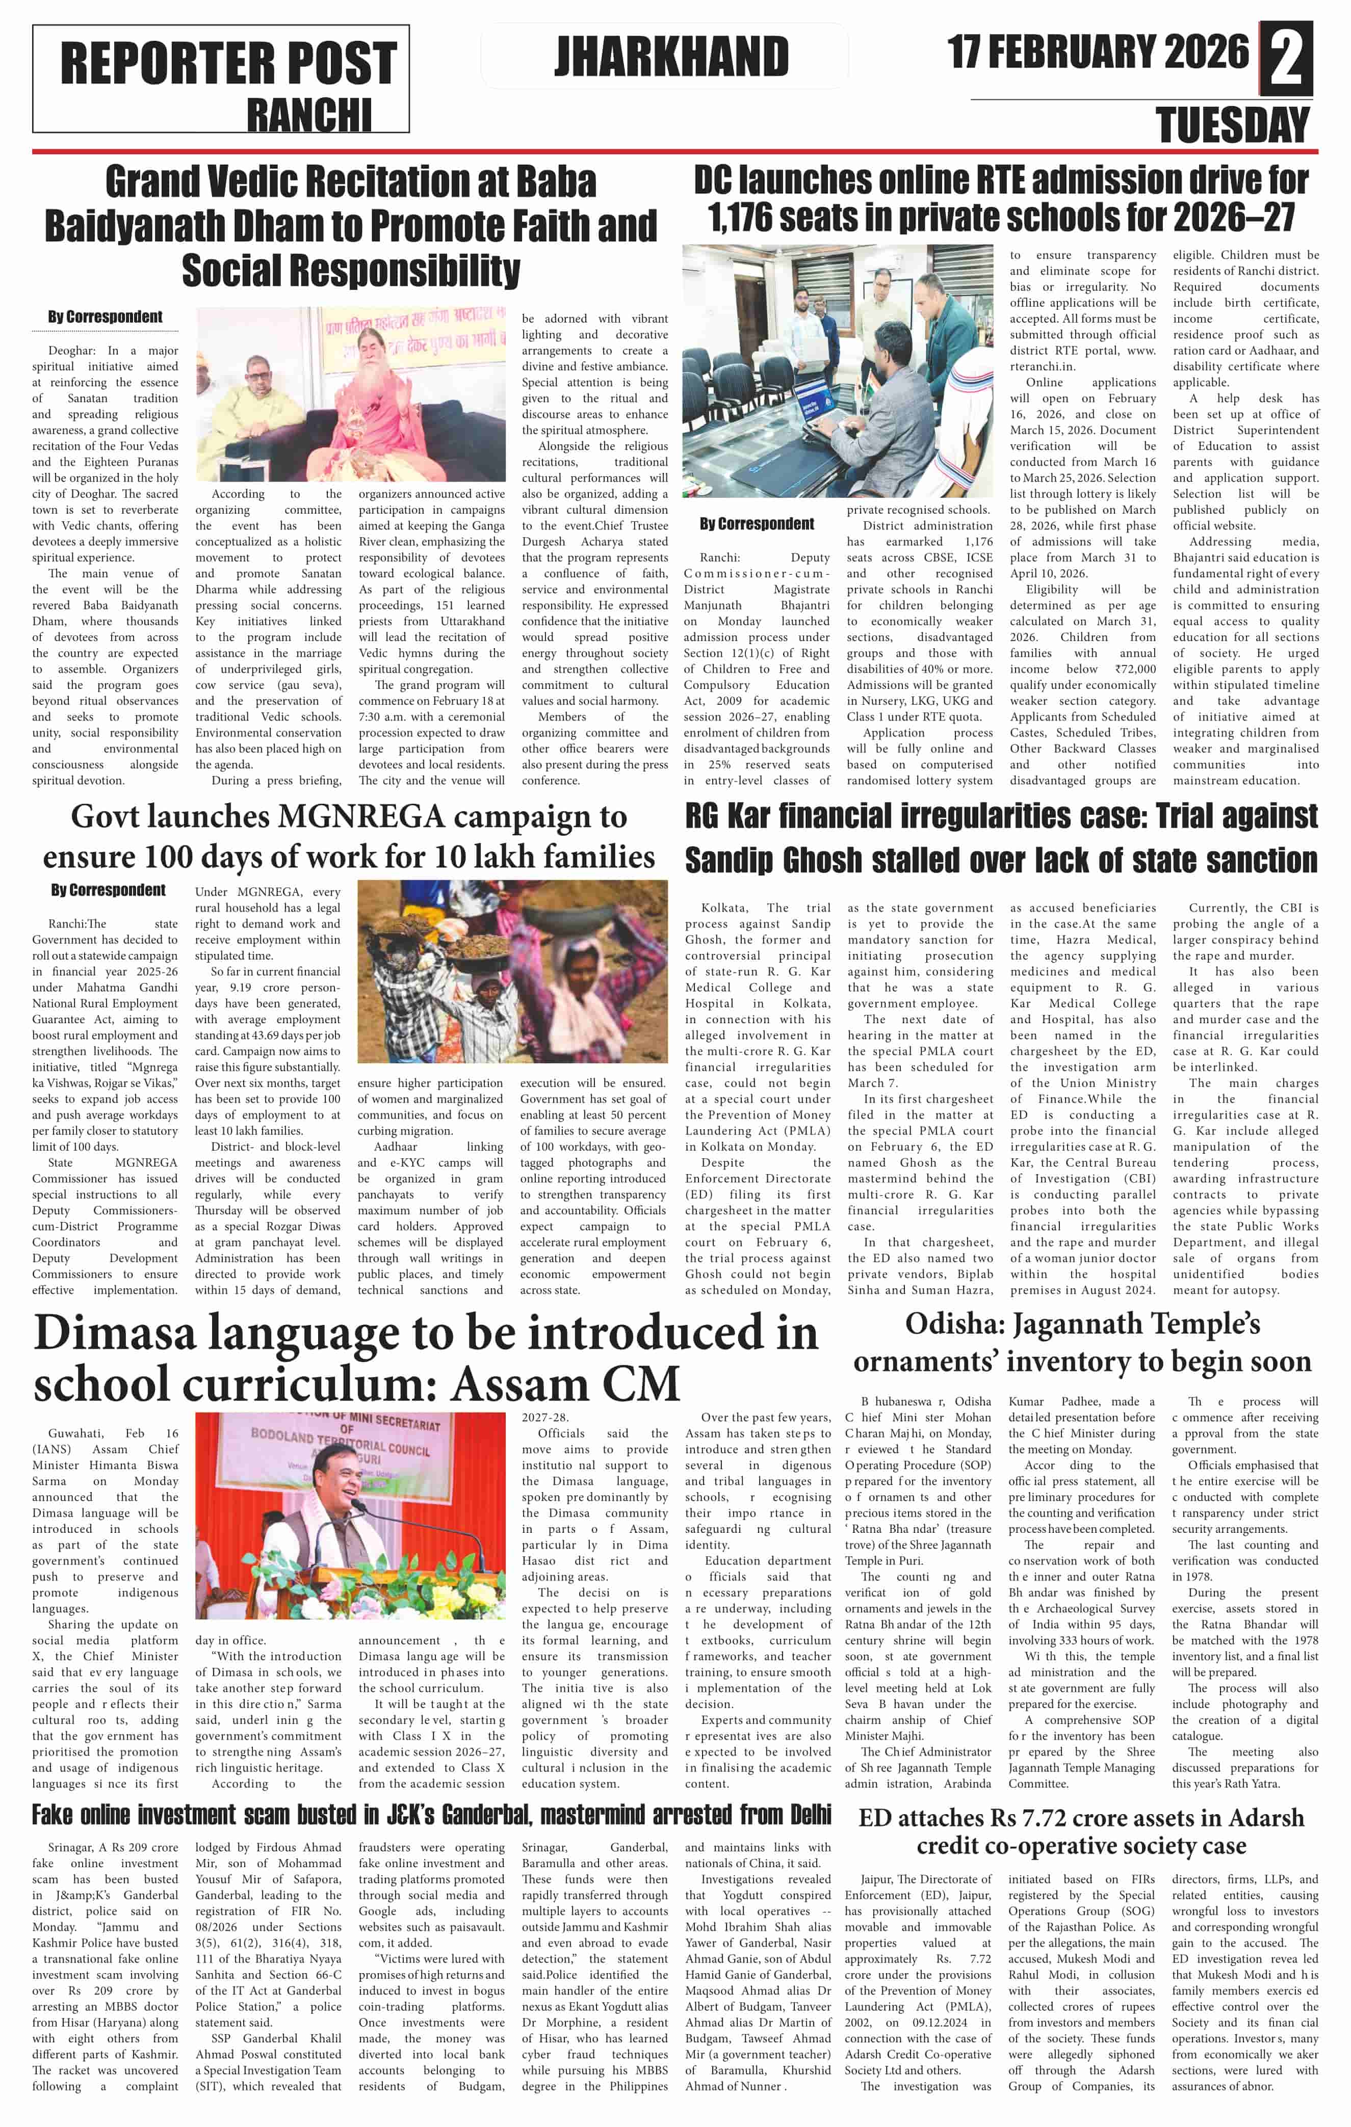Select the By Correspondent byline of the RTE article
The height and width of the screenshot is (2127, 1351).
click(757, 524)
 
